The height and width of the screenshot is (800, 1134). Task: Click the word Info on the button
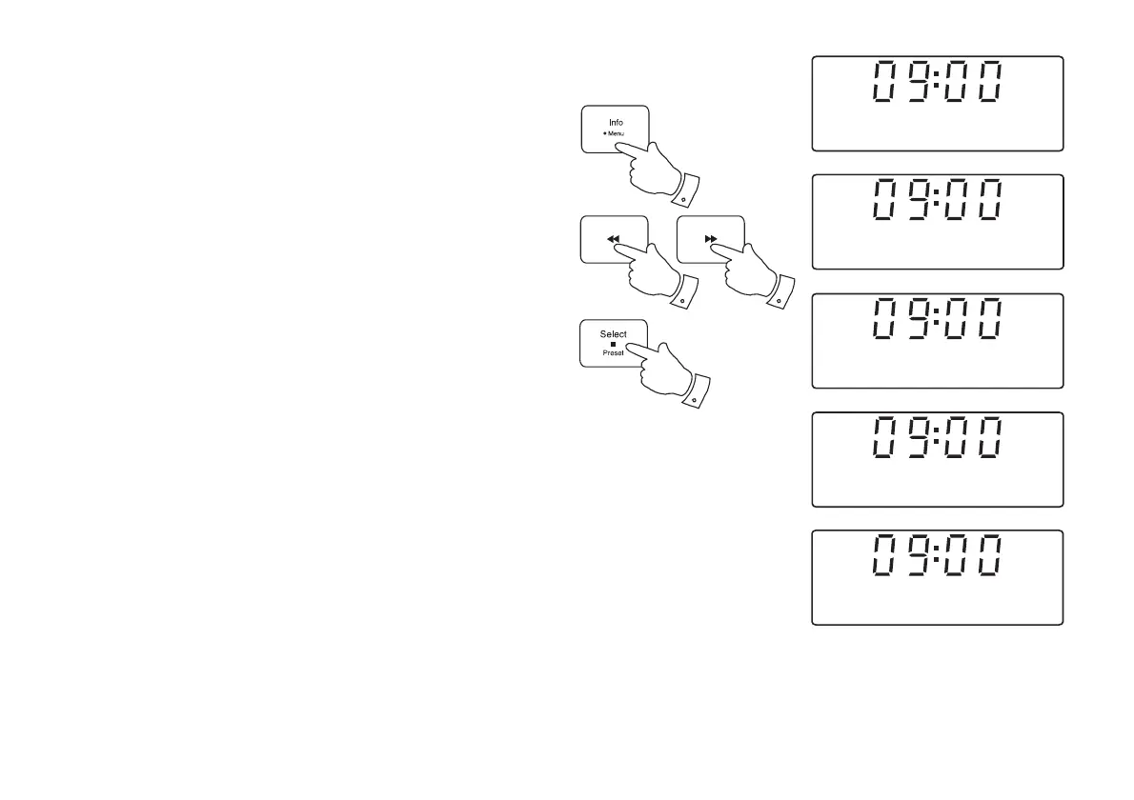click(616, 122)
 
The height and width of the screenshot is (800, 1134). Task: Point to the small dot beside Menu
click(604, 134)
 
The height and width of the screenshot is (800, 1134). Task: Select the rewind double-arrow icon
click(614, 240)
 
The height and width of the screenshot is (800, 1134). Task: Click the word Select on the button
click(614, 334)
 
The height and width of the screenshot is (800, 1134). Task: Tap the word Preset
click(614, 352)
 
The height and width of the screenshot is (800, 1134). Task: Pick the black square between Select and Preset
click(614, 344)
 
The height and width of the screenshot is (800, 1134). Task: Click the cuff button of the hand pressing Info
click(681, 198)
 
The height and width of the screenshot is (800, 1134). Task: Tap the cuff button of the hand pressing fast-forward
click(779, 301)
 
